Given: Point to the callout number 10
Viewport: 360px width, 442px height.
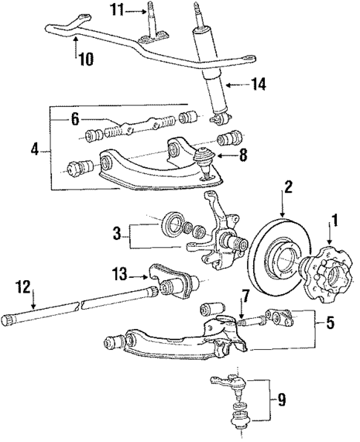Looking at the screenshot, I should pos(86,58).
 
